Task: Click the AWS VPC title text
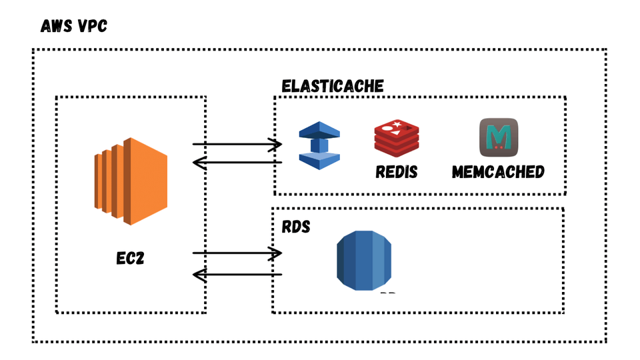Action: [73, 27]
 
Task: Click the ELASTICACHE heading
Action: [333, 86]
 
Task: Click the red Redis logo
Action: [395, 138]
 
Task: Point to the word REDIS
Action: [396, 171]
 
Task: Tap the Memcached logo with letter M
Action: [499, 137]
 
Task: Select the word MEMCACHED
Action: [498, 171]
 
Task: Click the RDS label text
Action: [296, 227]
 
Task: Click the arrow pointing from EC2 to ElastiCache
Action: [237, 144]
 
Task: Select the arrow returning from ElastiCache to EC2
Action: [237, 162]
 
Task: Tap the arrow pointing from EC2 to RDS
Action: [237, 253]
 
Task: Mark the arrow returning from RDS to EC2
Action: [237, 274]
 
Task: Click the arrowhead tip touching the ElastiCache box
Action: [280, 144]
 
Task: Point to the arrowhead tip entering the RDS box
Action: [280, 253]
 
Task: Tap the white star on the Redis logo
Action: [397, 125]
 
